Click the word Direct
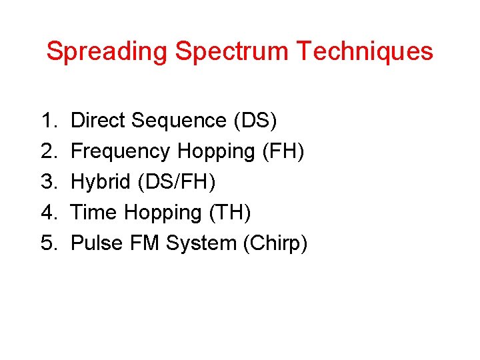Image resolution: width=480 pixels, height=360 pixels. [x=98, y=121]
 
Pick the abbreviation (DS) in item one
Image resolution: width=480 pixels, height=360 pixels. [x=255, y=121]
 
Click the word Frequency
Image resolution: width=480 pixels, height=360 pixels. [x=121, y=151]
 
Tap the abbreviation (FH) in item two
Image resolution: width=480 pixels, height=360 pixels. [x=283, y=151]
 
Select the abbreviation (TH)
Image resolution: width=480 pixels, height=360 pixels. [x=230, y=213]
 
